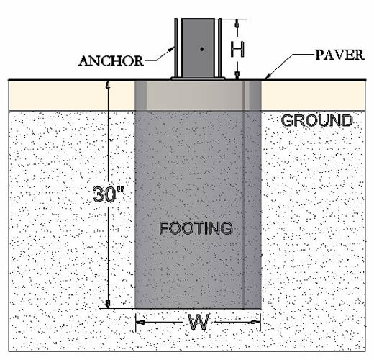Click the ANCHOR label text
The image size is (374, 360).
pyautogui.click(x=111, y=61)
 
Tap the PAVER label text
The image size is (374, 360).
pyautogui.click(x=339, y=55)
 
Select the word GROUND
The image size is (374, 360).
pyautogui.click(x=316, y=120)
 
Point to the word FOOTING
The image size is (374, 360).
pyautogui.click(x=196, y=228)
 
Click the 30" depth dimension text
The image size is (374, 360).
pyautogui.click(x=109, y=194)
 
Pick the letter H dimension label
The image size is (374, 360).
pyautogui.click(x=237, y=49)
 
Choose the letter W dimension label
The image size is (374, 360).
pyautogui.click(x=199, y=322)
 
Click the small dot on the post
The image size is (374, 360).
pyautogui.click(x=202, y=49)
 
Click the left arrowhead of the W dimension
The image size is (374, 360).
pyautogui.click(x=140, y=322)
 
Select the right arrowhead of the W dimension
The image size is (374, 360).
pyautogui.click(x=256, y=322)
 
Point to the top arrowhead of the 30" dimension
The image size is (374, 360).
pyautogui.click(x=108, y=84)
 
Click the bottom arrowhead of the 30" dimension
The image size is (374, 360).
pyautogui.click(x=108, y=304)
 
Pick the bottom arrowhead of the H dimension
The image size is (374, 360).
pyautogui.click(x=237, y=76)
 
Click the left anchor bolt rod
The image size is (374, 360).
pyautogui.click(x=176, y=48)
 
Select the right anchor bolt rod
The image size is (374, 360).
pyautogui.click(x=220, y=48)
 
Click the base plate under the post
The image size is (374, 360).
pyautogui.click(x=198, y=78)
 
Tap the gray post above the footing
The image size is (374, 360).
pyautogui.click(x=198, y=48)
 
